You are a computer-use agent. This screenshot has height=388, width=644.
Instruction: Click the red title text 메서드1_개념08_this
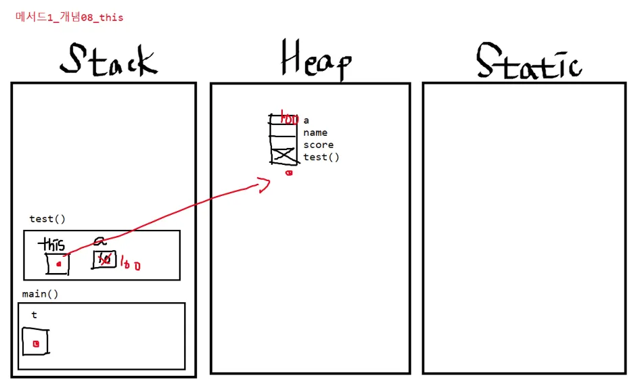click(69, 18)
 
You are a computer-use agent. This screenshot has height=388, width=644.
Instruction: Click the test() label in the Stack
click(47, 219)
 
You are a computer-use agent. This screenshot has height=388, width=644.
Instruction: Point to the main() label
click(40, 294)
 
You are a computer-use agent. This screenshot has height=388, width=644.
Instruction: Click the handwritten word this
click(52, 244)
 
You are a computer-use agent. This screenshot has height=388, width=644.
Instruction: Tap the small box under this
click(57, 264)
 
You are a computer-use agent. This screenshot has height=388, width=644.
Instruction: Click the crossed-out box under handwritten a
click(104, 260)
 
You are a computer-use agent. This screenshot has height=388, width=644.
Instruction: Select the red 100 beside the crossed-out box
click(131, 264)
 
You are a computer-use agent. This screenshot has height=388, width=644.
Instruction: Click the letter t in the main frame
click(34, 315)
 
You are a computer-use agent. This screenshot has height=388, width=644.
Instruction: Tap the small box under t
click(35, 341)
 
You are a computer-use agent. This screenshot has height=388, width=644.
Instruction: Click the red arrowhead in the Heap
click(264, 184)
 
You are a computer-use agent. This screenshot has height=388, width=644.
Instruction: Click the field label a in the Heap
click(306, 120)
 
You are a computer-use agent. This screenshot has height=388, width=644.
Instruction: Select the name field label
click(315, 132)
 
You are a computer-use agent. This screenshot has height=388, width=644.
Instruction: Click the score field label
click(318, 145)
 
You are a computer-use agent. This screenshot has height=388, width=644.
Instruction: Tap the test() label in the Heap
click(321, 157)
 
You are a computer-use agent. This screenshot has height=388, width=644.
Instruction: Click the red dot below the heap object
click(289, 173)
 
